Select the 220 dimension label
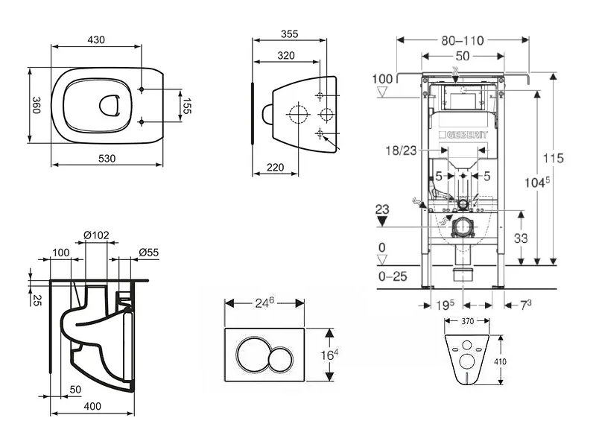click(x=274, y=168)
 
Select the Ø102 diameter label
click(x=96, y=236)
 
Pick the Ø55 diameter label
click(x=148, y=252)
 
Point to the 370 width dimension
click(x=468, y=320)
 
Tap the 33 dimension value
click(x=521, y=239)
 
